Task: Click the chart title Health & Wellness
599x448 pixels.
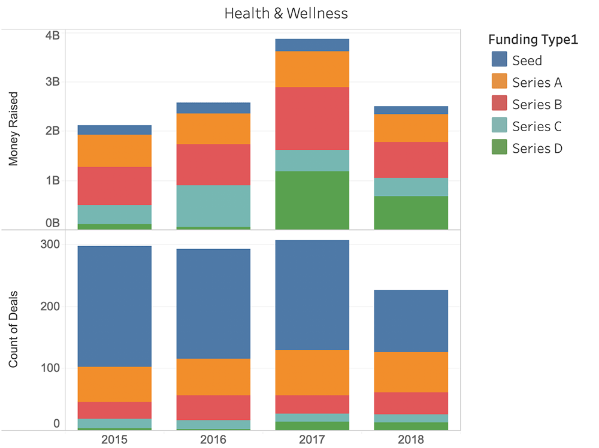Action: (x=286, y=13)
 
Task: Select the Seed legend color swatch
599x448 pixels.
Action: (x=499, y=60)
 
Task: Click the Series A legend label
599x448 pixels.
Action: (x=537, y=82)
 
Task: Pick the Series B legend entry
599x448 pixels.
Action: (x=537, y=104)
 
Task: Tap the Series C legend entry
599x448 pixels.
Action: (x=537, y=126)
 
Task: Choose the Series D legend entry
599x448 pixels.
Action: (x=537, y=149)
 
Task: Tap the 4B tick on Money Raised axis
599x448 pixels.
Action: (x=53, y=35)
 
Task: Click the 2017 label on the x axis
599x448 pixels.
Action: (x=312, y=440)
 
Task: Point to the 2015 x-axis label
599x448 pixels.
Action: (x=114, y=440)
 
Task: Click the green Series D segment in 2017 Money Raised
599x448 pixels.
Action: (x=312, y=200)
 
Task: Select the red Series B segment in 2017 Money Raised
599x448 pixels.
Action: (x=312, y=118)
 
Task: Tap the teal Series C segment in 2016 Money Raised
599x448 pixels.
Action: (x=213, y=205)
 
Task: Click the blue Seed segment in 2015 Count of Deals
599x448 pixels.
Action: (x=114, y=306)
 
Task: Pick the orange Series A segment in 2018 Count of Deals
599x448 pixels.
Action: (x=411, y=372)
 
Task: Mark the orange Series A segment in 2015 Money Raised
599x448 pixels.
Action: (x=114, y=150)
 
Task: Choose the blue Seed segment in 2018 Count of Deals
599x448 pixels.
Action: (x=411, y=320)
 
